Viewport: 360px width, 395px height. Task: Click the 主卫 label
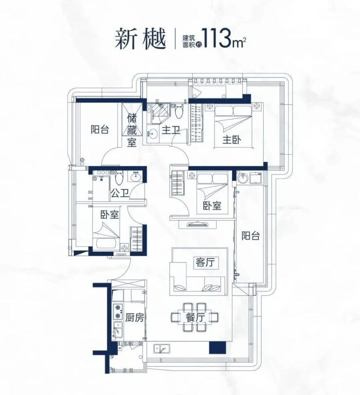171,130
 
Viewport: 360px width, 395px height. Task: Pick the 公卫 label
119,193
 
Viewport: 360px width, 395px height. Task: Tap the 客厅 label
205,263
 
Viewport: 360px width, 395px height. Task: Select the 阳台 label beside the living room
251,236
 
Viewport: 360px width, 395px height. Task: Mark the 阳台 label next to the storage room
99,130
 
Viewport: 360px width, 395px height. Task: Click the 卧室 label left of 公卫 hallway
110,215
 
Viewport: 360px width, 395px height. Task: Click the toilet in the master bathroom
179,113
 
